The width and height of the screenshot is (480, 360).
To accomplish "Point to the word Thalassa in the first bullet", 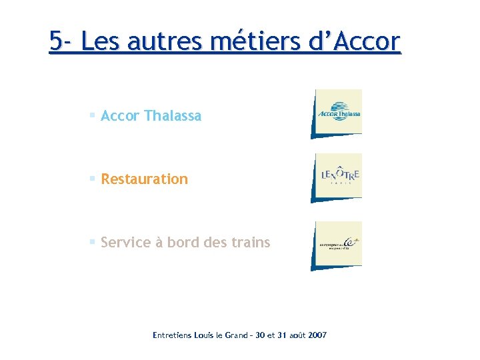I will coord(172,116).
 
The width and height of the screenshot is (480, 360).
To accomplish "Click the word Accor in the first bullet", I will coord(120,116).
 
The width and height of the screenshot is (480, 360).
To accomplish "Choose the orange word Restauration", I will coord(144,179).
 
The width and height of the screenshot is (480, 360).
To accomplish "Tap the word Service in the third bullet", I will coord(125,243).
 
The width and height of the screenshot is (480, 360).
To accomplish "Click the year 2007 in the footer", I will coord(315,335).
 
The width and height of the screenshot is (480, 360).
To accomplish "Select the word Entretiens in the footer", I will coord(171,335).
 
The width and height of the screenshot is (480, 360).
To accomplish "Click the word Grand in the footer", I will coord(231,335).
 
